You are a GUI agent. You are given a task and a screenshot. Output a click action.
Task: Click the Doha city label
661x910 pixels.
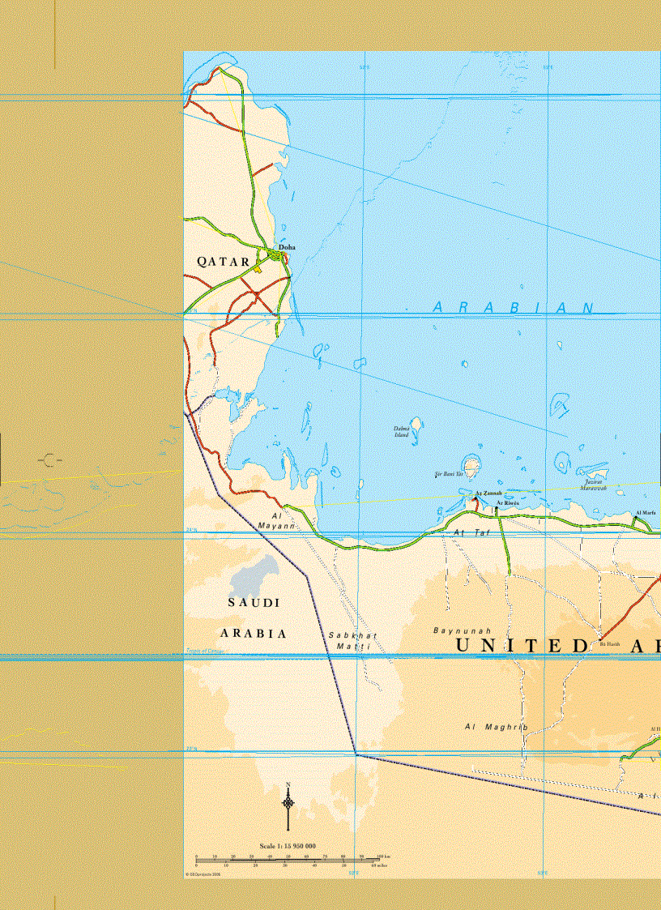[287, 247]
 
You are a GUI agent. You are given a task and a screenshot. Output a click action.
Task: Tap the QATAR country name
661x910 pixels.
[224, 263]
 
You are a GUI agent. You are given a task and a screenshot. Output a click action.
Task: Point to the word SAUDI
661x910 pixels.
[254, 603]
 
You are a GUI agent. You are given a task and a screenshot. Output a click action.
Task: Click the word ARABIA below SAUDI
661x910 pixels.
[254, 634]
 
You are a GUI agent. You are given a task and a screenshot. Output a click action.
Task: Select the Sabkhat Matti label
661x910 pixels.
[352, 641]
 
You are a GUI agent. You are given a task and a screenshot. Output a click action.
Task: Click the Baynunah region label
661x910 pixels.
[463, 630]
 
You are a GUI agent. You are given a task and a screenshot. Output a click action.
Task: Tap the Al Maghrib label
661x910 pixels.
[496, 727]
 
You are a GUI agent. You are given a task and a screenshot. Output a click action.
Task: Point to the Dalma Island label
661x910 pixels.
[402, 432]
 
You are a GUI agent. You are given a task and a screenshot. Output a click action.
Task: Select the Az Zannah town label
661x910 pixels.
[488, 493]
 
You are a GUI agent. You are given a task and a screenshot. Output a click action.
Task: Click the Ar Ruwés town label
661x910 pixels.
[508, 503]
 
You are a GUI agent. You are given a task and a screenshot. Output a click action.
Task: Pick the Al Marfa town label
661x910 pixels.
[646, 513]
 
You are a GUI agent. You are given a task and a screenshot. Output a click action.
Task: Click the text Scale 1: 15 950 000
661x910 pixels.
[288, 846]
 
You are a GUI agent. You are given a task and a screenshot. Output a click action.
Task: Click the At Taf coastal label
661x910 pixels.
[472, 532]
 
